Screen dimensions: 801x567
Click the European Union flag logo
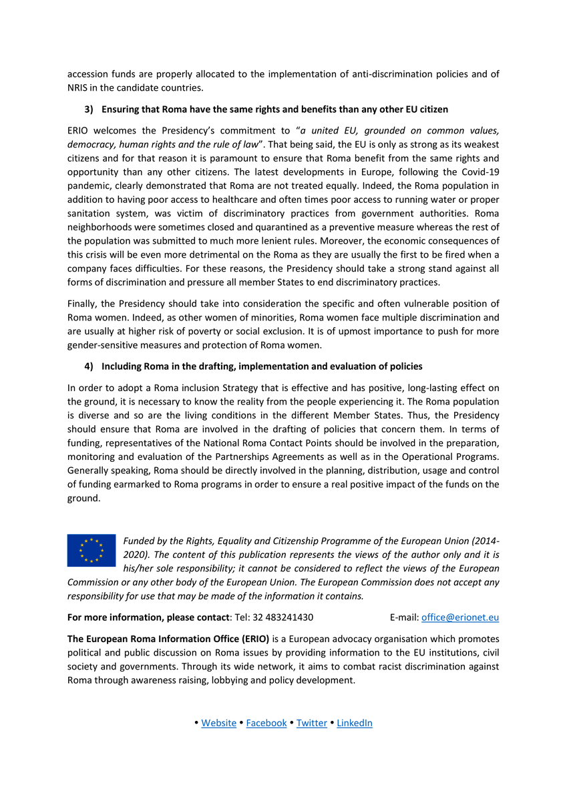tap(91, 550)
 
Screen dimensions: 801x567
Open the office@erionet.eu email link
tap(460, 617)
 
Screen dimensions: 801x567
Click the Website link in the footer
tap(218, 723)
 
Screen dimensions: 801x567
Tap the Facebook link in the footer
tap(266, 723)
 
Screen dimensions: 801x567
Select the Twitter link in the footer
tap(312, 723)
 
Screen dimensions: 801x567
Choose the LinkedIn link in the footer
tap(355, 723)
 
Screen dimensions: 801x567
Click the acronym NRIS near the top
tap(80, 88)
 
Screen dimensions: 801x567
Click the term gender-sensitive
tap(102, 345)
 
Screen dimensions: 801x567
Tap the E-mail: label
tap(404, 617)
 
